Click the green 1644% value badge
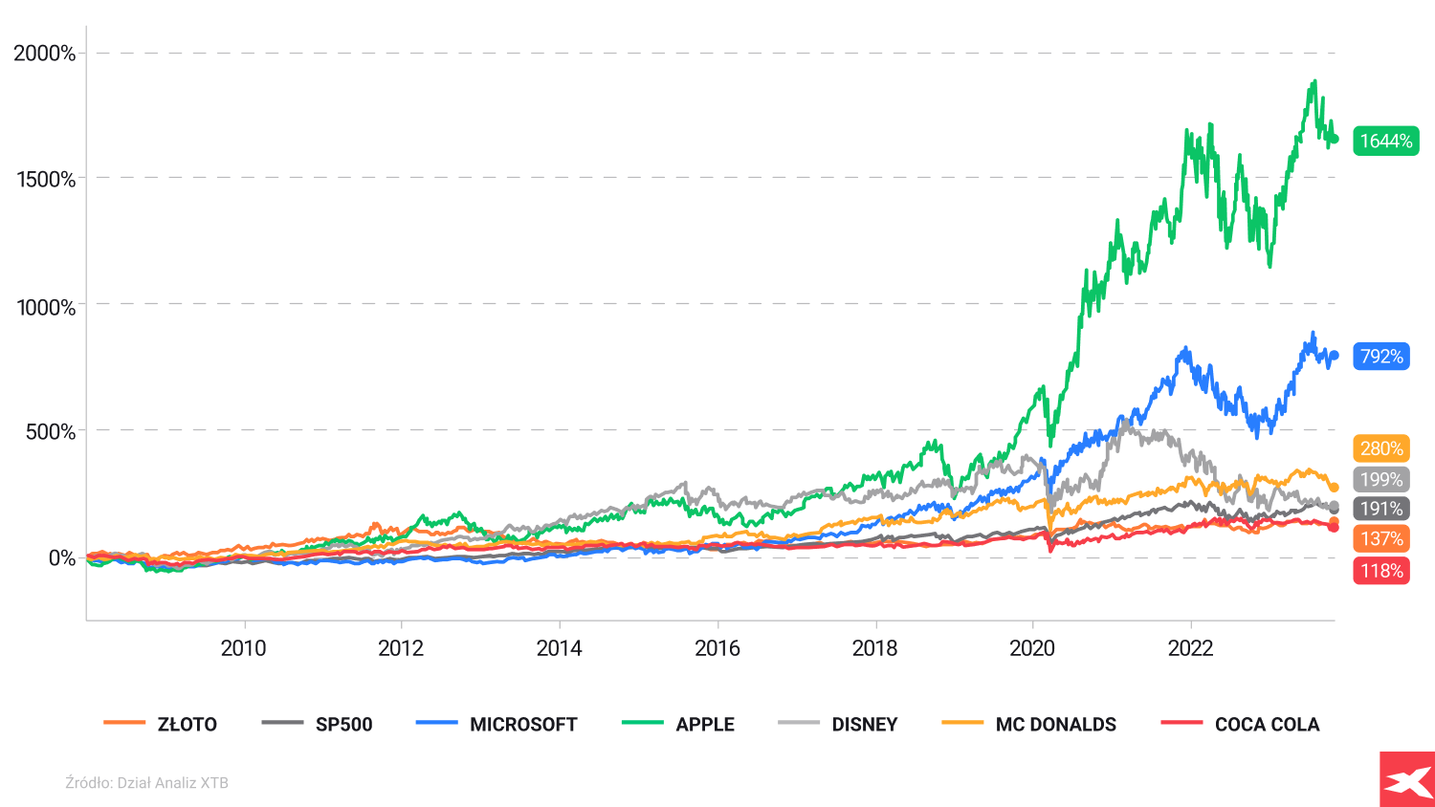(1385, 142)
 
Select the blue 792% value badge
(1381, 357)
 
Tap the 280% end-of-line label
(1381, 448)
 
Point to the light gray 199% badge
(1381, 480)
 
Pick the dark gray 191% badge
(1381, 509)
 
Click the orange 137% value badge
(1381, 539)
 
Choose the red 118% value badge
(1381, 571)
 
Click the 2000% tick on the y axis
(44, 54)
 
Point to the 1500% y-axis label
(46, 180)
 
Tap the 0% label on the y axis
(62, 558)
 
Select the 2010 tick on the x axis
(244, 648)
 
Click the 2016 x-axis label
(717, 648)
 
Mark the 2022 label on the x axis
(1190, 648)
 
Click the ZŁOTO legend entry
(161, 725)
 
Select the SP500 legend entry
(318, 725)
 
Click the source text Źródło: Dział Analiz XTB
(146, 783)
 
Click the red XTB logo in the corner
(1407, 779)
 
